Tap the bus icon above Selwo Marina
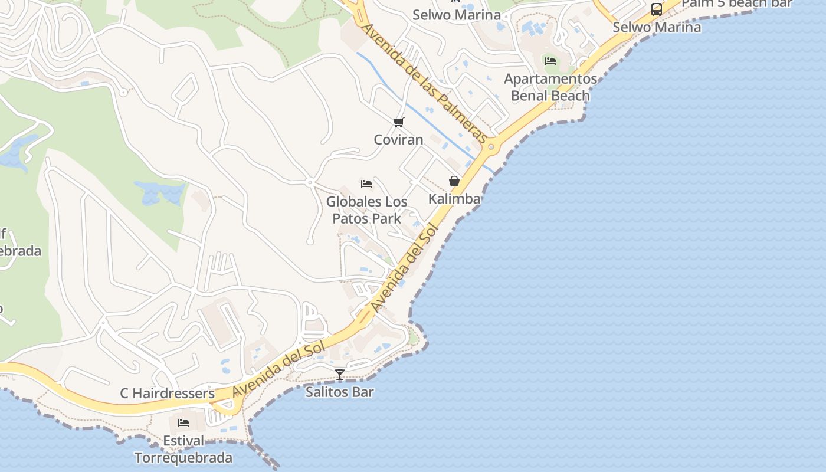(x=656, y=9)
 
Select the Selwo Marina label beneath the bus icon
(x=657, y=27)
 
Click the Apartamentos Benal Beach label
(x=550, y=87)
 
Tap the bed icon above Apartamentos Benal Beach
(x=550, y=61)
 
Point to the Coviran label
(x=399, y=140)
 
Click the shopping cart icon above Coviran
(x=399, y=123)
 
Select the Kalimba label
(x=454, y=199)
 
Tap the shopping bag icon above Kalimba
(x=454, y=181)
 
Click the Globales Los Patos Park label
(x=367, y=210)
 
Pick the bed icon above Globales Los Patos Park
(x=366, y=184)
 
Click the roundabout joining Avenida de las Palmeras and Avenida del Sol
(x=491, y=146)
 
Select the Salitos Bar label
(x=339, y=392)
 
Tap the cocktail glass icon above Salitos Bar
(x=340, y=374)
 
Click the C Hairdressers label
(x=168, y=394)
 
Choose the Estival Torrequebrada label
(x=183, y=450)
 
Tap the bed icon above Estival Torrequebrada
(x=183, y=423)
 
